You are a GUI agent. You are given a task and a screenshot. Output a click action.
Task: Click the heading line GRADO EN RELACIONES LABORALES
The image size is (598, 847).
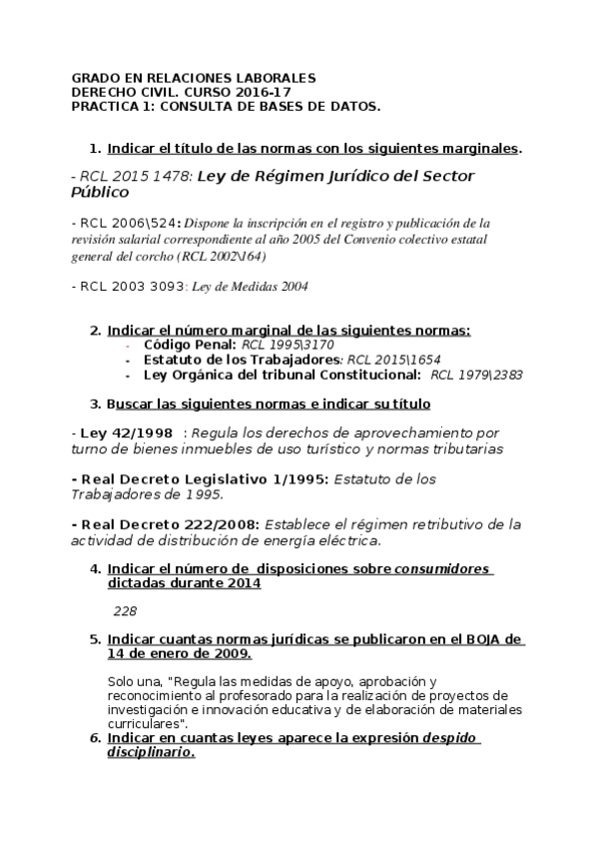pyautogui.click(x=195, y=77)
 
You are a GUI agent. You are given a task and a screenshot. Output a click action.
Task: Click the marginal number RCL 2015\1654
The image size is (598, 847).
pyautogui.click(x=393, y=360)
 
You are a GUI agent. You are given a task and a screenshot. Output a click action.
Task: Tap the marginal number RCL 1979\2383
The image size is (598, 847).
pyautogui.click(x=476, y=375)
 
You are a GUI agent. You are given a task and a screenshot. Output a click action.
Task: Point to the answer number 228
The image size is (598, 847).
pyautogui.click(x=125, y=610)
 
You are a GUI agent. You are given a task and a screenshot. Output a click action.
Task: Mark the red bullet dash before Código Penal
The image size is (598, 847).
pyautogui.click(x=128, y=345)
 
